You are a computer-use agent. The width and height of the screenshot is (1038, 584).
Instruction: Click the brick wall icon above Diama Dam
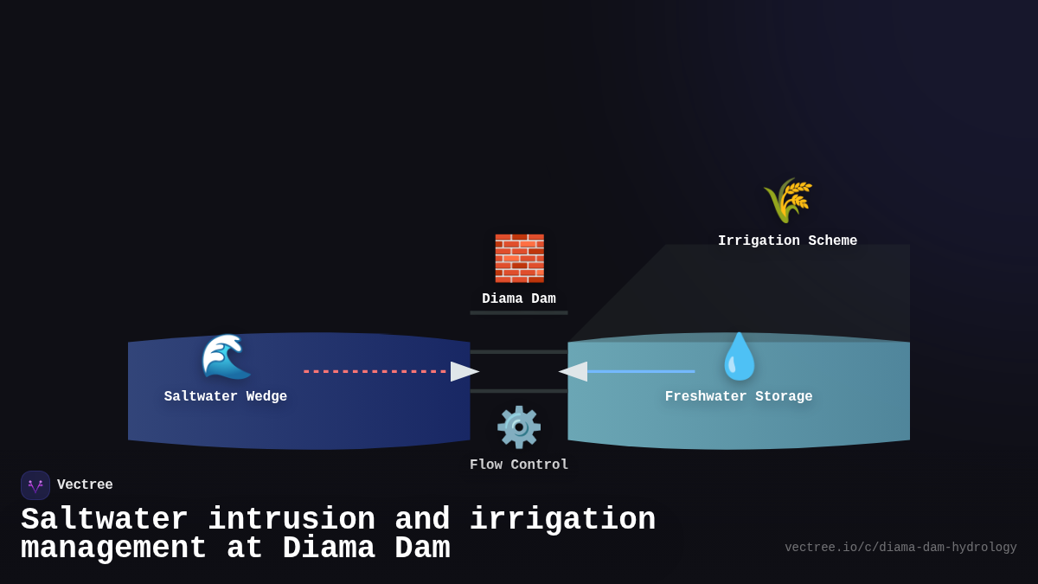pos(519,258)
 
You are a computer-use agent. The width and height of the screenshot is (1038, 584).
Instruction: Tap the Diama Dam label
pos(519,299)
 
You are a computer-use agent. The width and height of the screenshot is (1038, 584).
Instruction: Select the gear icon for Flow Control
pos(519,427)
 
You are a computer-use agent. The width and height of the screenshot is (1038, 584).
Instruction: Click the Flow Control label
pos(519,465)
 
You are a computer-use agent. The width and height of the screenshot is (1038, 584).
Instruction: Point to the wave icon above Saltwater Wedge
pos(227,356)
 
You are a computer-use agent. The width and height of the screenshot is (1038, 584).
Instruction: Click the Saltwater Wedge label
pos(226,397)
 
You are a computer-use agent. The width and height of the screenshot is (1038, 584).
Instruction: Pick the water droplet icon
pos(740,356)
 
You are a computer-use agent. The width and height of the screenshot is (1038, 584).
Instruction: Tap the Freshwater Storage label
pos(739,397)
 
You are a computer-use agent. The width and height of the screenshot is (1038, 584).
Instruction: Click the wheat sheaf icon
pos(787,201)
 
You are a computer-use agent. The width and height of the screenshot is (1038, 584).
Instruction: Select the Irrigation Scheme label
pos(787,241)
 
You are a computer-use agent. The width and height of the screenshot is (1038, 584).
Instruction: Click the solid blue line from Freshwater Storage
pos(640,371)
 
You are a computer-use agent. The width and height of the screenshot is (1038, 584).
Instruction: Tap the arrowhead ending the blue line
pos(573,371)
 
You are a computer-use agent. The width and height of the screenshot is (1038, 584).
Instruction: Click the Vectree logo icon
pos(35,485)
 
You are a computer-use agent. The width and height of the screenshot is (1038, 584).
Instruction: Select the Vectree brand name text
pos(85,485)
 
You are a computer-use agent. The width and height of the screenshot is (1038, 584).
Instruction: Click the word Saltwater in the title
pos(105,520)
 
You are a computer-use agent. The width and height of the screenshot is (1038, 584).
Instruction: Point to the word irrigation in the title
pos(562,520)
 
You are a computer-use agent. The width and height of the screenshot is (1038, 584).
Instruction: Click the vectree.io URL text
pos(900,548)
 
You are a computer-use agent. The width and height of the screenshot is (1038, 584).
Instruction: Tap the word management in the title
pos(113,549)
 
